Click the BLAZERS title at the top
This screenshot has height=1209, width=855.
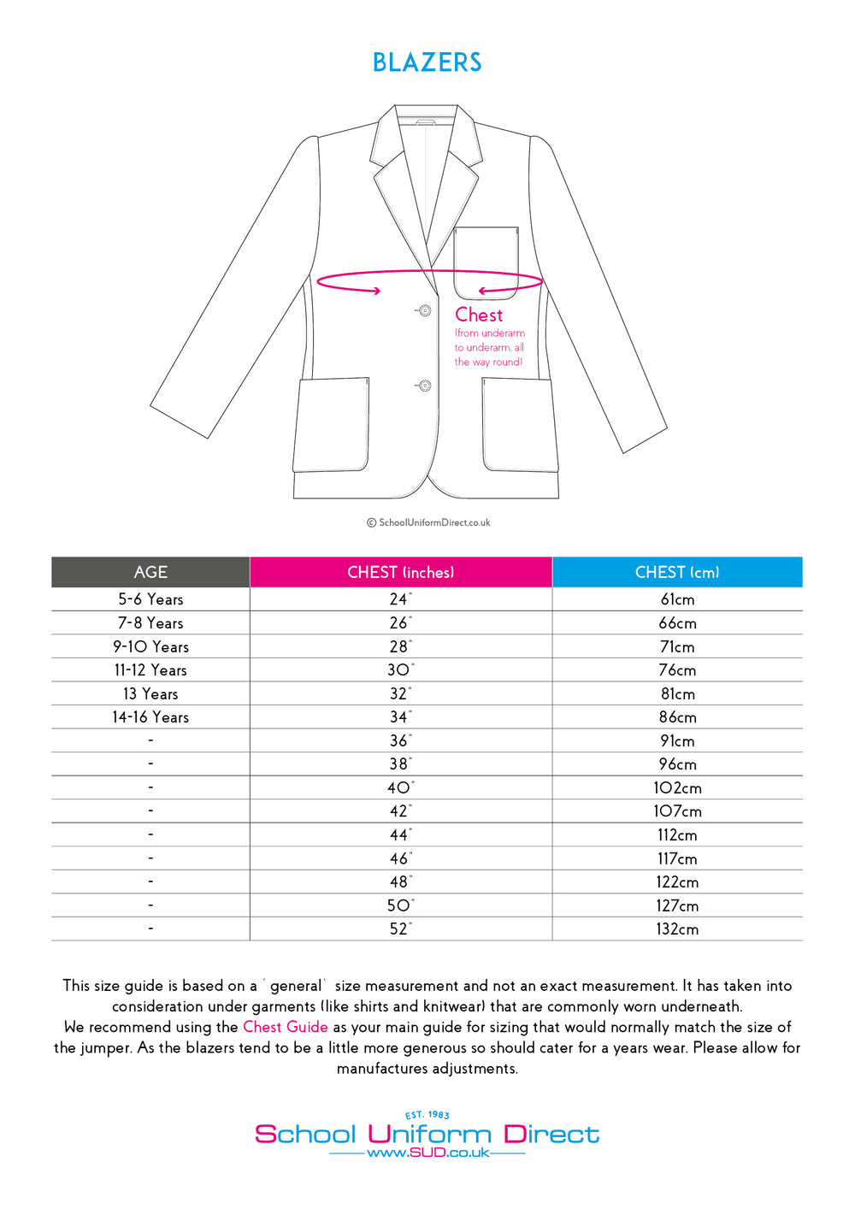(427, 62)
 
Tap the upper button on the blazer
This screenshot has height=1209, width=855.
(424, 310)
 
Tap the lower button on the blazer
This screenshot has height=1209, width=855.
(424, 386)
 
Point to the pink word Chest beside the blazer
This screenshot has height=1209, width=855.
(479, 315)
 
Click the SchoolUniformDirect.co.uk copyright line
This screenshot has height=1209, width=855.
(428, 522)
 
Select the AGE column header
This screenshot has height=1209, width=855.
(150, 572)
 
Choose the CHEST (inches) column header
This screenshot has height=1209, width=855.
(400, 572)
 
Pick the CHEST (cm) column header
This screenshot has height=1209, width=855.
(677, 572)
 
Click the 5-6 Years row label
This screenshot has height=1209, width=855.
(150, 599)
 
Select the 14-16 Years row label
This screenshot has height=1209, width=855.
(150, 717)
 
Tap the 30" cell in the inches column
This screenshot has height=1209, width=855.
(399, 670)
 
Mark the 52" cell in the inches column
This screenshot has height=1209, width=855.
(399, 929)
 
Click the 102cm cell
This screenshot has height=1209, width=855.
(677, 787)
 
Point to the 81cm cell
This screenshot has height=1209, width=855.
(677, 693)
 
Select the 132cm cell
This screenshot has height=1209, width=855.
(677, 929)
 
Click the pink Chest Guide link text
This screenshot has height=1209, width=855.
(286, 1027)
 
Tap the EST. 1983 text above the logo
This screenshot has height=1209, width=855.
(427, 1115)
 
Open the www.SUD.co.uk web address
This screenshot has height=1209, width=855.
(427, 1153)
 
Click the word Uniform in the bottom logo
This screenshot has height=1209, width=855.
(429, 1135)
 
